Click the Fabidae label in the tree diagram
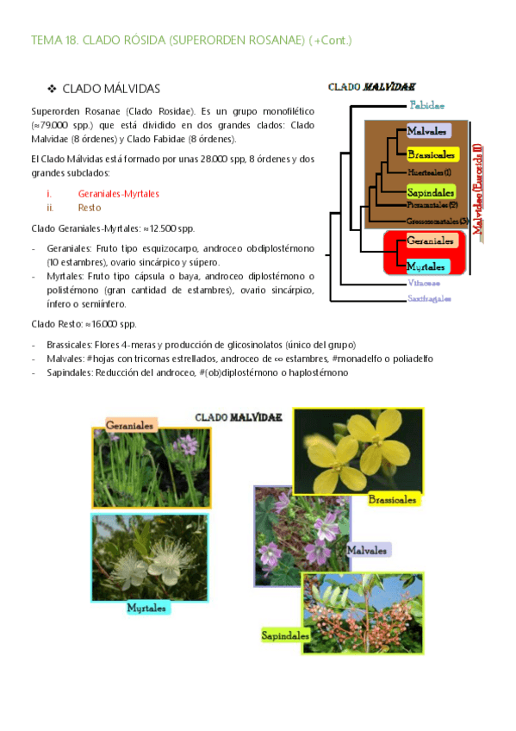click(427, 105)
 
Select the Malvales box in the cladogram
click(426, 132)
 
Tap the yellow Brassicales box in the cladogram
click(432, 154)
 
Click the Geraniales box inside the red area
click(426, 241)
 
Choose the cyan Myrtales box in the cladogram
click(426, 265)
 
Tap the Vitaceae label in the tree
click(423, 283)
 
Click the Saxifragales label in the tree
click(428, 298)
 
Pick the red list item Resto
click(89, 208)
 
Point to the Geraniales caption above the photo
click(131, 425)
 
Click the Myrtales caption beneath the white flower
click(146, 608)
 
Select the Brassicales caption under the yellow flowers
click(392, 499)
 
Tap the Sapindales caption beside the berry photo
click(285, 636)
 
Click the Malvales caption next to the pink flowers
click(368, 549)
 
